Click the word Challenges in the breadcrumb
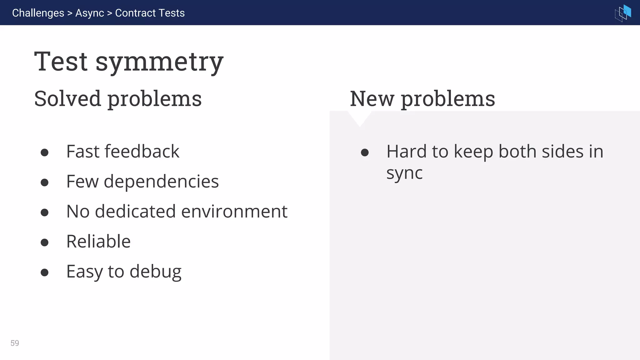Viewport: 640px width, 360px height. [38, 13]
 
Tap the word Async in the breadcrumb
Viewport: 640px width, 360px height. [89, 13]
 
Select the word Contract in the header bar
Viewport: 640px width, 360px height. [135, 13]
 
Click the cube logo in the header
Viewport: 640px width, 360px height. [623, 13]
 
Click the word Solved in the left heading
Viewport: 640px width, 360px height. [67, 99]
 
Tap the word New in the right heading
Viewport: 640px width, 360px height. [372, 99]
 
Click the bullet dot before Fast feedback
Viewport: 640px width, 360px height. [45, 152]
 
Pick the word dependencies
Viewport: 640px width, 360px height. [161, 182]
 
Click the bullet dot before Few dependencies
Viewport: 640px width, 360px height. [45, 182]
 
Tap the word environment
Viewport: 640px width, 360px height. [234, 212]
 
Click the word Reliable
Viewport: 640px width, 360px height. [98, 242]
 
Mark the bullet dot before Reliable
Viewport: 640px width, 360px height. [45, 242]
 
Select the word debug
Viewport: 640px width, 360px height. [155, 272]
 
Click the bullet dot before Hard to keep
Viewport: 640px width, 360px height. [365, 152]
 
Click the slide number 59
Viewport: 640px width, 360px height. [15, 343]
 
